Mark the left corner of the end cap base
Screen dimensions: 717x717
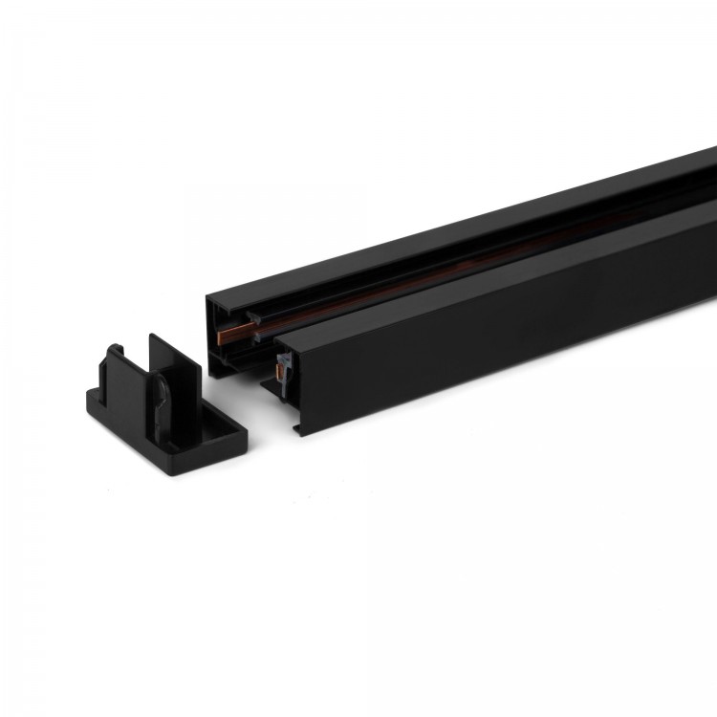90,402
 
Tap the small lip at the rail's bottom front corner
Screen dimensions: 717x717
300,424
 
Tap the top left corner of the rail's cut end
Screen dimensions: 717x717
207,298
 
